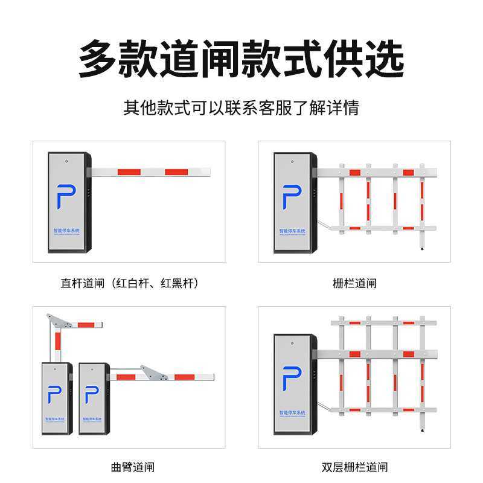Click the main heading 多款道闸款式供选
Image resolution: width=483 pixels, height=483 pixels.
[x=241, y=59]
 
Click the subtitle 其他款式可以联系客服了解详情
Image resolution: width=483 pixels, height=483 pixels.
[x=241, y=108]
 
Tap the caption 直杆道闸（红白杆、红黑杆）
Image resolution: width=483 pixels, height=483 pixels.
[x=130, y=283]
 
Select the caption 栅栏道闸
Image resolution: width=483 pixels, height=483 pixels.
[x=354, y=283]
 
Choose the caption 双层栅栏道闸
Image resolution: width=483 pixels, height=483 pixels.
[x=354, y=467]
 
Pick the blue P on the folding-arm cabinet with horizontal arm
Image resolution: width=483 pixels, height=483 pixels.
[x=91, y=394]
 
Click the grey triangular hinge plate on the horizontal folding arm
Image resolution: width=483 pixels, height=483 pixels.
[x=155, y=374]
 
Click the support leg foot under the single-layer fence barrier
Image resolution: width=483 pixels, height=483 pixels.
[x=422, y=248]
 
